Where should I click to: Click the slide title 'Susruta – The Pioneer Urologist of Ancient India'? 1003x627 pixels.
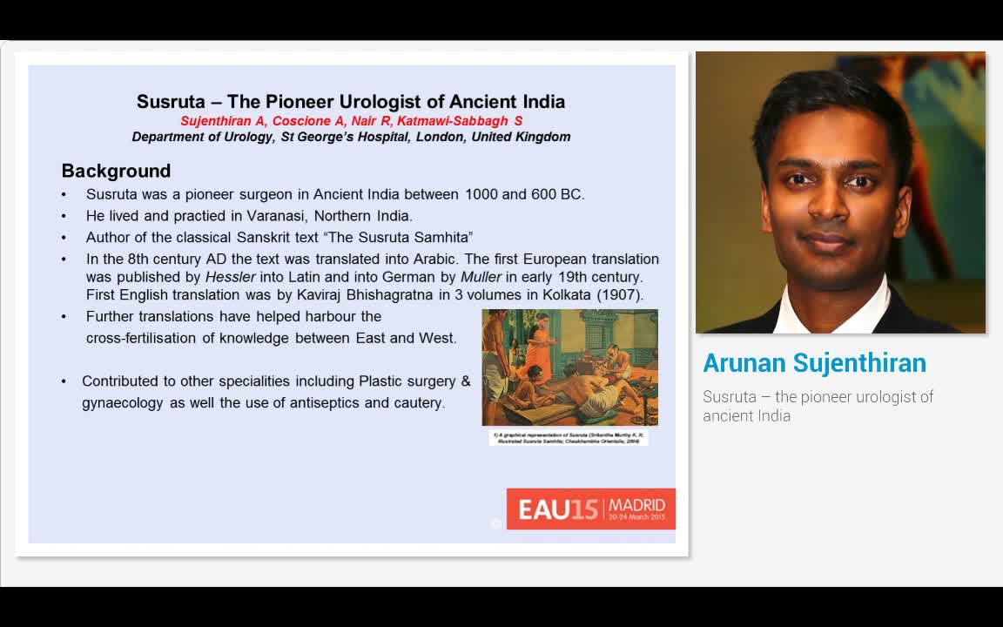[x=351, y=102]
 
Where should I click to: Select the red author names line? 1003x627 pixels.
[x=351, y=121]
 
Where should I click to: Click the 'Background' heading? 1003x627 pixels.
[x=116, y=171]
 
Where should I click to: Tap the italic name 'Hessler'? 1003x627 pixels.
[x=231, y=277]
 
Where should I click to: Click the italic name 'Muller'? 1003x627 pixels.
[x=481, y=277]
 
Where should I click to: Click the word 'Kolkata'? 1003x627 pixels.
[x=567, y=294]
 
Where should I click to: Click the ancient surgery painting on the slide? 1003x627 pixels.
[x=569, y=367]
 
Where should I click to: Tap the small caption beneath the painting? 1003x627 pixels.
[x=568, y=438]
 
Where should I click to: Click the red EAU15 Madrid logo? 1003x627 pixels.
[x=590, y=509]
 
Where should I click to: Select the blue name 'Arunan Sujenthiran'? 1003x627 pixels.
[x=814, y=363]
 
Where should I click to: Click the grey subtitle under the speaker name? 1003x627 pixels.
[x=818, y=406]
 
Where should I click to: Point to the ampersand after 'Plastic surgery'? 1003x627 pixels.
[x=465, y=381]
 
